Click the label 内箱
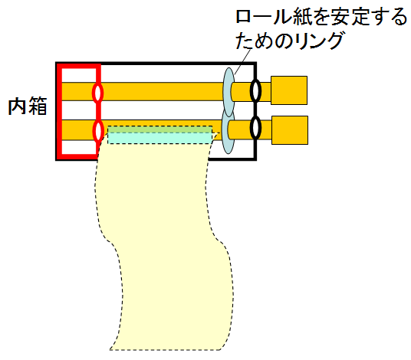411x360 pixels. click(28, 106)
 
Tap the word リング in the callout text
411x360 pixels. click(318, 41)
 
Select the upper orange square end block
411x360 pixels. click(289, 90)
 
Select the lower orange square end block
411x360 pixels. click(290, 130)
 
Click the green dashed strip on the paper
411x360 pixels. click(160, 129)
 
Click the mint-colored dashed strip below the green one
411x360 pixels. click(160, 138)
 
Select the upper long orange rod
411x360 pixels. click(161, 92)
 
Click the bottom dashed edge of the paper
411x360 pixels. click(165, 350)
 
